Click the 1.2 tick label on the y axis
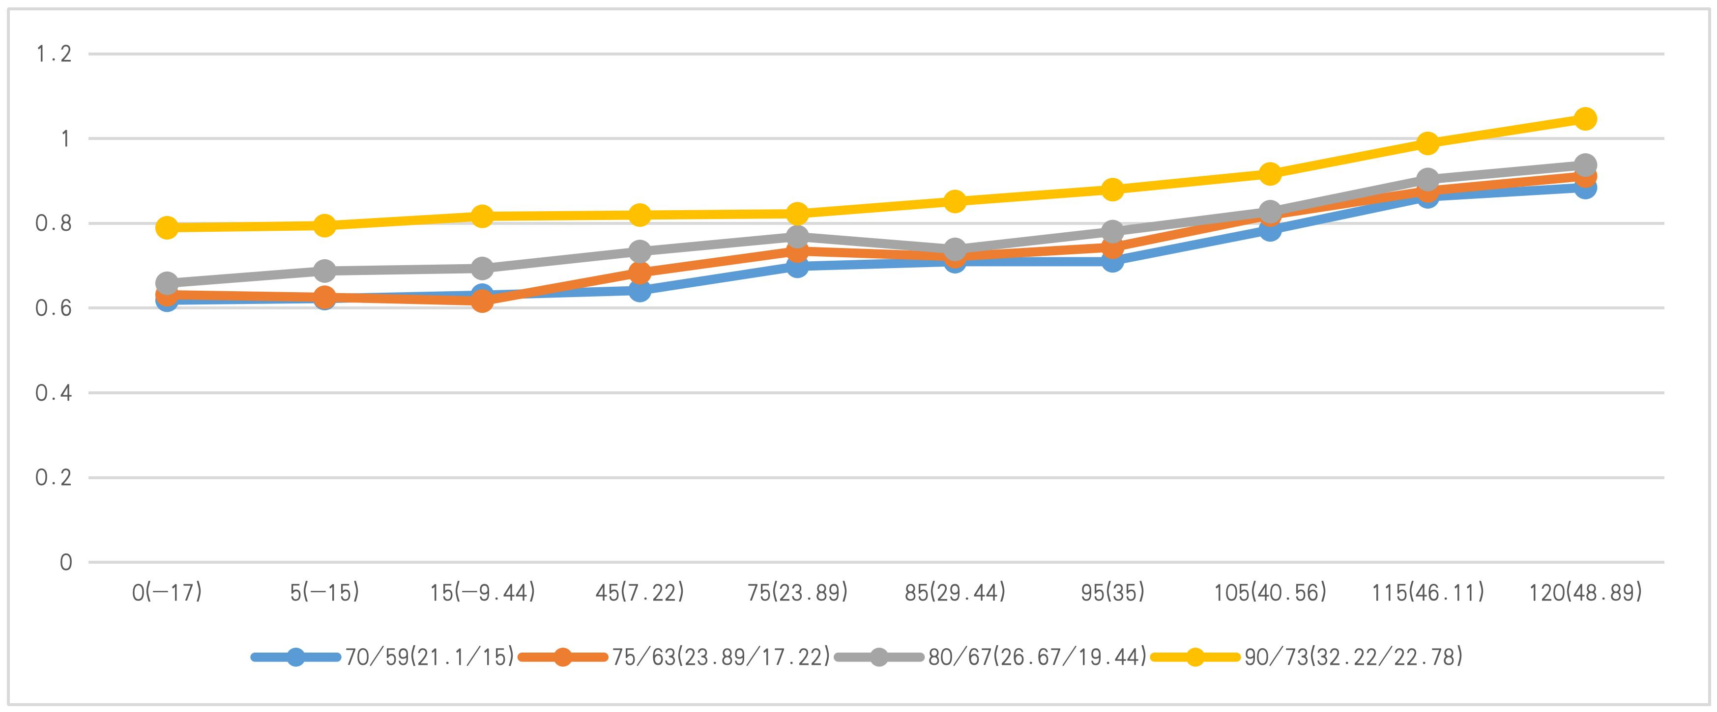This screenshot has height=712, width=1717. pos(53,54)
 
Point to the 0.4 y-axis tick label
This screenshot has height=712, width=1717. pos(53,393)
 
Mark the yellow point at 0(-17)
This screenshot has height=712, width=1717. pos(167,228)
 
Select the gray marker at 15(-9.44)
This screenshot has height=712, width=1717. pos(482,269)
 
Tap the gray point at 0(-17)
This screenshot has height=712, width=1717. pos(167,283)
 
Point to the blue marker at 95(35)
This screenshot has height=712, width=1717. pos(1112,262)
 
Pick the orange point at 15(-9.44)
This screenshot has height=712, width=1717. pos(482,301)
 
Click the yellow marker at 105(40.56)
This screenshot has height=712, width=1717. pos(1270,174)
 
